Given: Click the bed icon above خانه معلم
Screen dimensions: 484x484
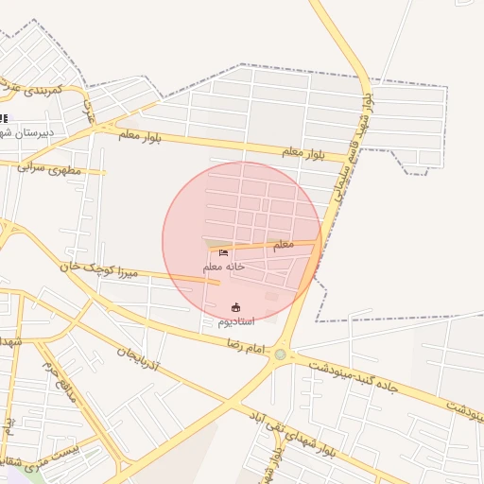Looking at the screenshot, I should pos(224,252).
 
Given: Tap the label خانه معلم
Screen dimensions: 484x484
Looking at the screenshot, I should pos(224,267).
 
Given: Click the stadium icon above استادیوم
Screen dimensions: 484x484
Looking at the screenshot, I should pos(235,307).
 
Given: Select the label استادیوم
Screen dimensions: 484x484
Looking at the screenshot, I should pos(236,321).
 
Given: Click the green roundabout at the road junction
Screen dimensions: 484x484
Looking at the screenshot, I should pos(280,354).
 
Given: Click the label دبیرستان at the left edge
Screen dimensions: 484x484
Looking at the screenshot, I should pos(28,133).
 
